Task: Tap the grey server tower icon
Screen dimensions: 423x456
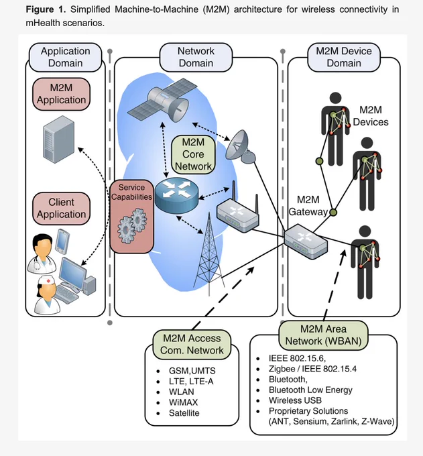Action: click(x=59, y=139)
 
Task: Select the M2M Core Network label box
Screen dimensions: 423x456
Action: click(x=193, y=154)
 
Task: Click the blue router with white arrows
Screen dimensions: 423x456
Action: click(x=176, y=195)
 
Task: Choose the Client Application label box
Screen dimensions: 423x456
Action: click(x=62, y=209)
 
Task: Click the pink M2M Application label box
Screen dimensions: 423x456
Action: click(x=62, y=94)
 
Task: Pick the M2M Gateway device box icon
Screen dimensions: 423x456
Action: click(x=306, y=241)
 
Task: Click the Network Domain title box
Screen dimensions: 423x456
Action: click(x=196, y=57)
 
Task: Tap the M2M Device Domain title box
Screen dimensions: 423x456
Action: click(x=344, y=57)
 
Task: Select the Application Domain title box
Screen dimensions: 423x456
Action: click(x=66, y=57)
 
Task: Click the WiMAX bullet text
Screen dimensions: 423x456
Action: click(x=183, y=402)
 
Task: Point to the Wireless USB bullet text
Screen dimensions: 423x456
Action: click(x=295, y=400)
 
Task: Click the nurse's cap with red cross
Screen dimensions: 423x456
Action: click(x=47, y=281)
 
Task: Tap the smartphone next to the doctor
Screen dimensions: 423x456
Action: click(x=62, y=241)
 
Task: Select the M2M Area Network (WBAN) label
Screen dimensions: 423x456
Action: click(x=323, y=335)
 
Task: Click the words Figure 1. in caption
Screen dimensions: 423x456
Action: click(x=46, y=9)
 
